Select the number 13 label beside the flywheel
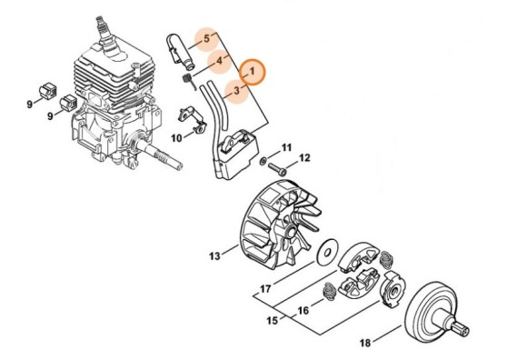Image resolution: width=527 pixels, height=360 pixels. pyautogui.click(x=214, y=257)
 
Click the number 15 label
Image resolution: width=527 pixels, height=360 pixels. pyautogui.click(x=271, y=321)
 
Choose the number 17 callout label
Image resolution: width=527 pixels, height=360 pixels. pyautogui.click(x=266, y=290)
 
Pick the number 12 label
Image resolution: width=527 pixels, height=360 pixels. pyautogui.click(x=305, y=158)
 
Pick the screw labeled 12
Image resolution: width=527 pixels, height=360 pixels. pyautogui.click(x=283, y=167)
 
